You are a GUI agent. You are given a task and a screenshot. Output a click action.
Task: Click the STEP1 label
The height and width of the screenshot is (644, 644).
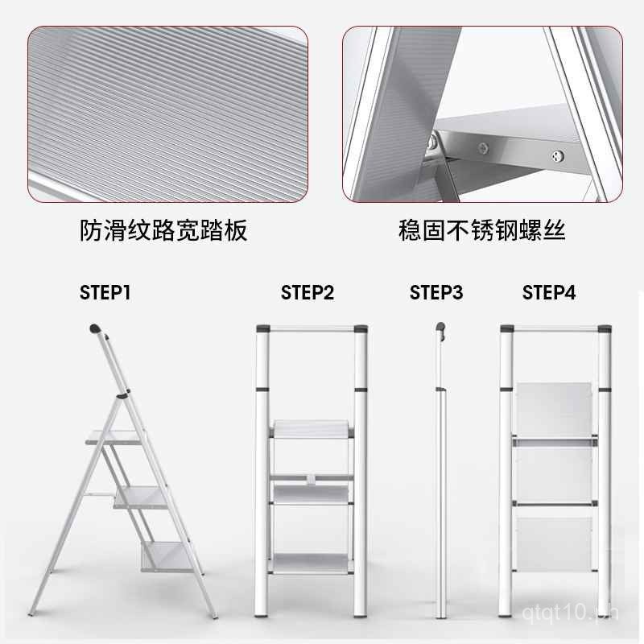105,293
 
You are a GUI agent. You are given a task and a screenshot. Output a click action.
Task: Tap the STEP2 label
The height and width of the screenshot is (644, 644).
307,293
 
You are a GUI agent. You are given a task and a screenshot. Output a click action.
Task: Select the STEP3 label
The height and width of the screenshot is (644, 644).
436,293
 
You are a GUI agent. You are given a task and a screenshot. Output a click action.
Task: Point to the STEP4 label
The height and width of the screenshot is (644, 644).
549,293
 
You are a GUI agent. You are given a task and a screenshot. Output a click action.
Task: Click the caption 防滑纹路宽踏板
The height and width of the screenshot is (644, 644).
163,232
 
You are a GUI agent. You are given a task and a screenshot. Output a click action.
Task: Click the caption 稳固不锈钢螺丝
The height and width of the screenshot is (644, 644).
482,232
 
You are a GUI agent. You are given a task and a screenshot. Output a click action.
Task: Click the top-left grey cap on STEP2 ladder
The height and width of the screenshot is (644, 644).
262,329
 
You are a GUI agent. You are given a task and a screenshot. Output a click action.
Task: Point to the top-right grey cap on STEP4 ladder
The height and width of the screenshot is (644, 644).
602,329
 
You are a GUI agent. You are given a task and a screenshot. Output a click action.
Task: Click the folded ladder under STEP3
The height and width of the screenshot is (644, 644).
442,483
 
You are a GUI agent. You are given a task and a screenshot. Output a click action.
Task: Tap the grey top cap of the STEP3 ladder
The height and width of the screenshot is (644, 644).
440,328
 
